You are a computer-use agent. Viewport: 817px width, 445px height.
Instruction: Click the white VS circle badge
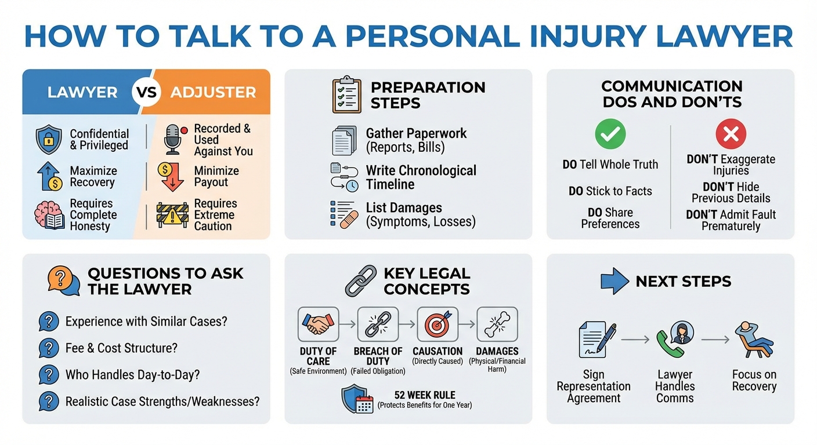click(x=146, y=92)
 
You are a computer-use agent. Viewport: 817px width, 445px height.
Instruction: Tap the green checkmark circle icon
click(x=610, y=134)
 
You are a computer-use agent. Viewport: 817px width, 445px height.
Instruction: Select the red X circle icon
click(x=731, y=134)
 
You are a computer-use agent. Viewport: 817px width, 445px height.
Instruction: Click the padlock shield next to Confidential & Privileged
click(x=49, y=140)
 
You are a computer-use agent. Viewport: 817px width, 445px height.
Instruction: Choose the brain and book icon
click(x=49, y=215)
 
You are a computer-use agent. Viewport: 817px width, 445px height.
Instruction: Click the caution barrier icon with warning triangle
click(x=172, y=215)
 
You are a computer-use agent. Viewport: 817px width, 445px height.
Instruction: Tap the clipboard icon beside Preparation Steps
click(x=346, y=94)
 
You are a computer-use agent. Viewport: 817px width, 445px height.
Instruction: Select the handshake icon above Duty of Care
click(x=318, y=324)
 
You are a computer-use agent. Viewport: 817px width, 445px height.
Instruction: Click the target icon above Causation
click(x=438, y=324)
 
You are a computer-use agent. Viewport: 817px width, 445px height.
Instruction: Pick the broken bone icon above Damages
click(x=497, y=324)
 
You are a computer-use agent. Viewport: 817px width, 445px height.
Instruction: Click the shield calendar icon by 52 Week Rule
click(x=357, y=399)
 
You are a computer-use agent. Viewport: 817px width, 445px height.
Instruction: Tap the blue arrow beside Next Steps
click(x=614, y=281)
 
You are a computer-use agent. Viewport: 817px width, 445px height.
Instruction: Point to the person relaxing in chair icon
click(x=754, y=340)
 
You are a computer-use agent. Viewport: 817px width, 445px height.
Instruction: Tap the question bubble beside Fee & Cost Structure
click(x=49, y=348)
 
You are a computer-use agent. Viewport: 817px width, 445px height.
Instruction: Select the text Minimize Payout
click(x=216, y=176)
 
